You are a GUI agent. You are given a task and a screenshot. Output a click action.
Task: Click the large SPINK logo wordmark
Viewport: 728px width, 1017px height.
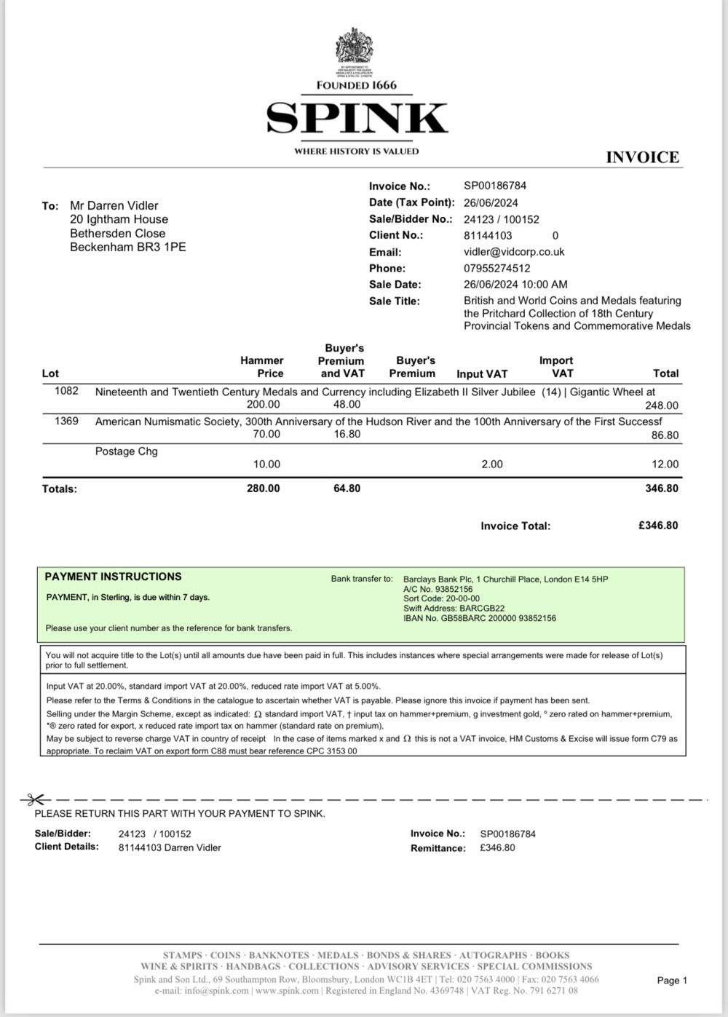click(x=357, y=118)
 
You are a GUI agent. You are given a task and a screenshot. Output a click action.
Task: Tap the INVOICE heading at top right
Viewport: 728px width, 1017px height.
click(x=642, y=157)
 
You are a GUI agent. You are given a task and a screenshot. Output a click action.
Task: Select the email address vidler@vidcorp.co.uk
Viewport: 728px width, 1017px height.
click(x=514, y=252)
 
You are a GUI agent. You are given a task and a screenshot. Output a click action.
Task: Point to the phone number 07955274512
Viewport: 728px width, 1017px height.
click(x=496, y=268)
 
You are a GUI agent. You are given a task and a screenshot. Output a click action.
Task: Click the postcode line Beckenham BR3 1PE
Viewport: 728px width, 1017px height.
click(x=127, y=247)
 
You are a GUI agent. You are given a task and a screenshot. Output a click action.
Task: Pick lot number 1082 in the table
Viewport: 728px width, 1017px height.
click(x=66, y=392)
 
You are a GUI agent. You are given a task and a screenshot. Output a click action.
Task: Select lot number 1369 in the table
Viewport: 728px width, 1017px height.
click(x=66, y=421)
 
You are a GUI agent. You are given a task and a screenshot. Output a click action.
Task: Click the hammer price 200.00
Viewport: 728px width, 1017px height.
click(x=263, y=405)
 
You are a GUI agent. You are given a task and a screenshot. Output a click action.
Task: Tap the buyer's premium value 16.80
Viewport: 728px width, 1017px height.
click(x=347, y=435)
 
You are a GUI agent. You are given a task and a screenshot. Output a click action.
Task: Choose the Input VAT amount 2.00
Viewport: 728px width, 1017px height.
click(x=492, y=464)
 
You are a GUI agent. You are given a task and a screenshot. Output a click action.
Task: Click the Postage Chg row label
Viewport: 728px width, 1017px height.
click(x=127, y=451)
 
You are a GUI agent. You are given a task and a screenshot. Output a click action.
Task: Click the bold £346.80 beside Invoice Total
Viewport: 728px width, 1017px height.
click(x=657, y=526)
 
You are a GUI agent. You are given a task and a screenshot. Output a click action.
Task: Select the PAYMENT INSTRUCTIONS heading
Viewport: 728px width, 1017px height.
click(x=113, y=577)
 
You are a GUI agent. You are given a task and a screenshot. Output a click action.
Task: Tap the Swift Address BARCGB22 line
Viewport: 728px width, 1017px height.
click(x=454, y=609)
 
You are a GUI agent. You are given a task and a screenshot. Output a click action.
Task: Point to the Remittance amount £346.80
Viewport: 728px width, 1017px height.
click(x=497, y=848)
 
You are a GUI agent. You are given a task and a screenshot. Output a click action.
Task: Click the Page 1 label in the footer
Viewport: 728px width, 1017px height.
click(x=671, y=981)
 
